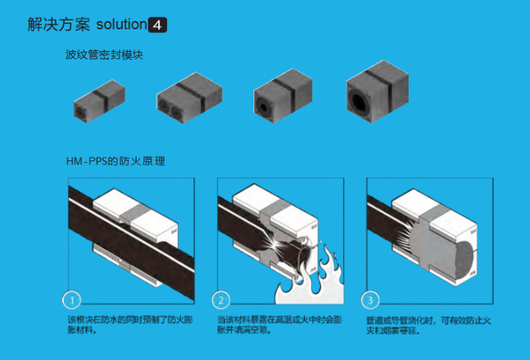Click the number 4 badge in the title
(157, 25)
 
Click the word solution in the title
(121, 25)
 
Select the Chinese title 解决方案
(58, 25)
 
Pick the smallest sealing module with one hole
(98, 97)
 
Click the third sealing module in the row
(282, 94)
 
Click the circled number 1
(71, 301)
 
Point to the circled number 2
(221, 301)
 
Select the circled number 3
(370, 301)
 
